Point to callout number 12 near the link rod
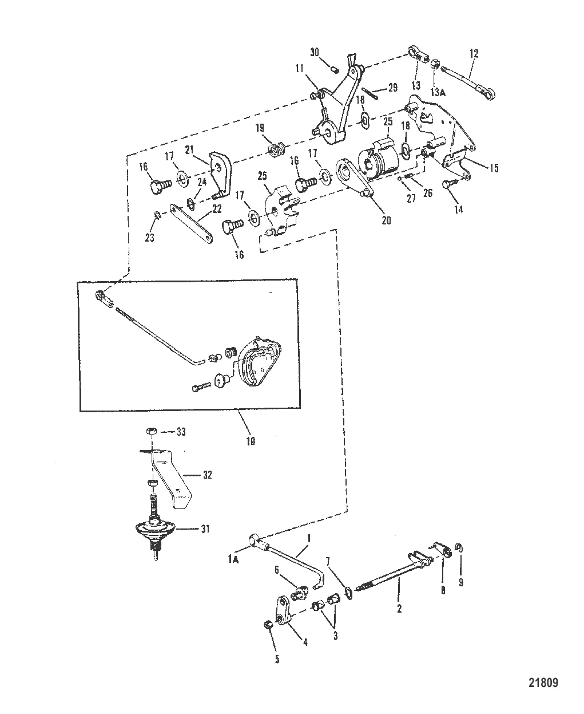pyautogui.click(x=473, y=53)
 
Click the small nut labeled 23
pyautogui.click(x=156, y=215)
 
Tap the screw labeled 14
pyautogui.click(x=448, y=185)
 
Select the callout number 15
pyautogui.click(x=493, y=168)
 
